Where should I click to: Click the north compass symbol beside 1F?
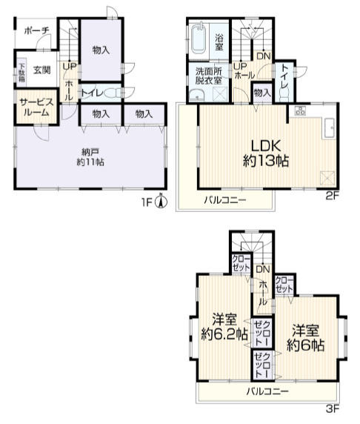coord(161,201)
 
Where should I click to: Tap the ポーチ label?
coord(37,30)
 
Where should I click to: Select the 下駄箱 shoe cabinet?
coord(21,72)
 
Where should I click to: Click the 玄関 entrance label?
coord(42,70)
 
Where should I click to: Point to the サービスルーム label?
coord(37,107)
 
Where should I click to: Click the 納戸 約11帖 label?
coord(90,157)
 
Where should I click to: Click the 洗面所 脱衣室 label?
coord(209,76)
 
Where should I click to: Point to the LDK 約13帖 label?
coord(266,153)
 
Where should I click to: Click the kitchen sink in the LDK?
coord(329,128)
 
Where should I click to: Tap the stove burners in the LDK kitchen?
coord(300,110)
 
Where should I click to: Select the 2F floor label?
coord(333,196)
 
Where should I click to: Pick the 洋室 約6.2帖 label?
coord(224,327)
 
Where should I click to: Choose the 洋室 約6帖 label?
coord(306,338)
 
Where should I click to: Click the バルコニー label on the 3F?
coord(267,391)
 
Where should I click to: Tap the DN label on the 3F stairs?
coord(263,269)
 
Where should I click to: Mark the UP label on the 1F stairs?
coord(70,67)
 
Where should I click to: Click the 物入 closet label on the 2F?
coord(262,93)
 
